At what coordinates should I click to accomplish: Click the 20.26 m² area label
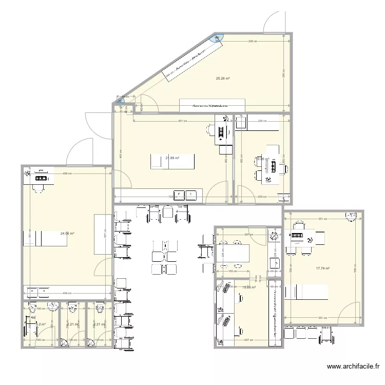pos(222,79)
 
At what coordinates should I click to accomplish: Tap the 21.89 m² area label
pos(172,158)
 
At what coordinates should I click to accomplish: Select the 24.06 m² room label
pos(67,234)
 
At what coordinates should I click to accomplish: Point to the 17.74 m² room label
pos(322,268)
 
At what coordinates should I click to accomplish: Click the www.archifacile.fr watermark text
pos(353,367)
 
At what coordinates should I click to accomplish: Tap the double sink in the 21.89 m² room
pos(185,195)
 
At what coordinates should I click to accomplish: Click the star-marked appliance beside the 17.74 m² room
pos(274,237)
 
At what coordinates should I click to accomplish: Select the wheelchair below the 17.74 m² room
pos(326,335)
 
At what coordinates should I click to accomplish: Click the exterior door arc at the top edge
pos(273,21)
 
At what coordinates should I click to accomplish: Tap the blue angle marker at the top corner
pos(219,37)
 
